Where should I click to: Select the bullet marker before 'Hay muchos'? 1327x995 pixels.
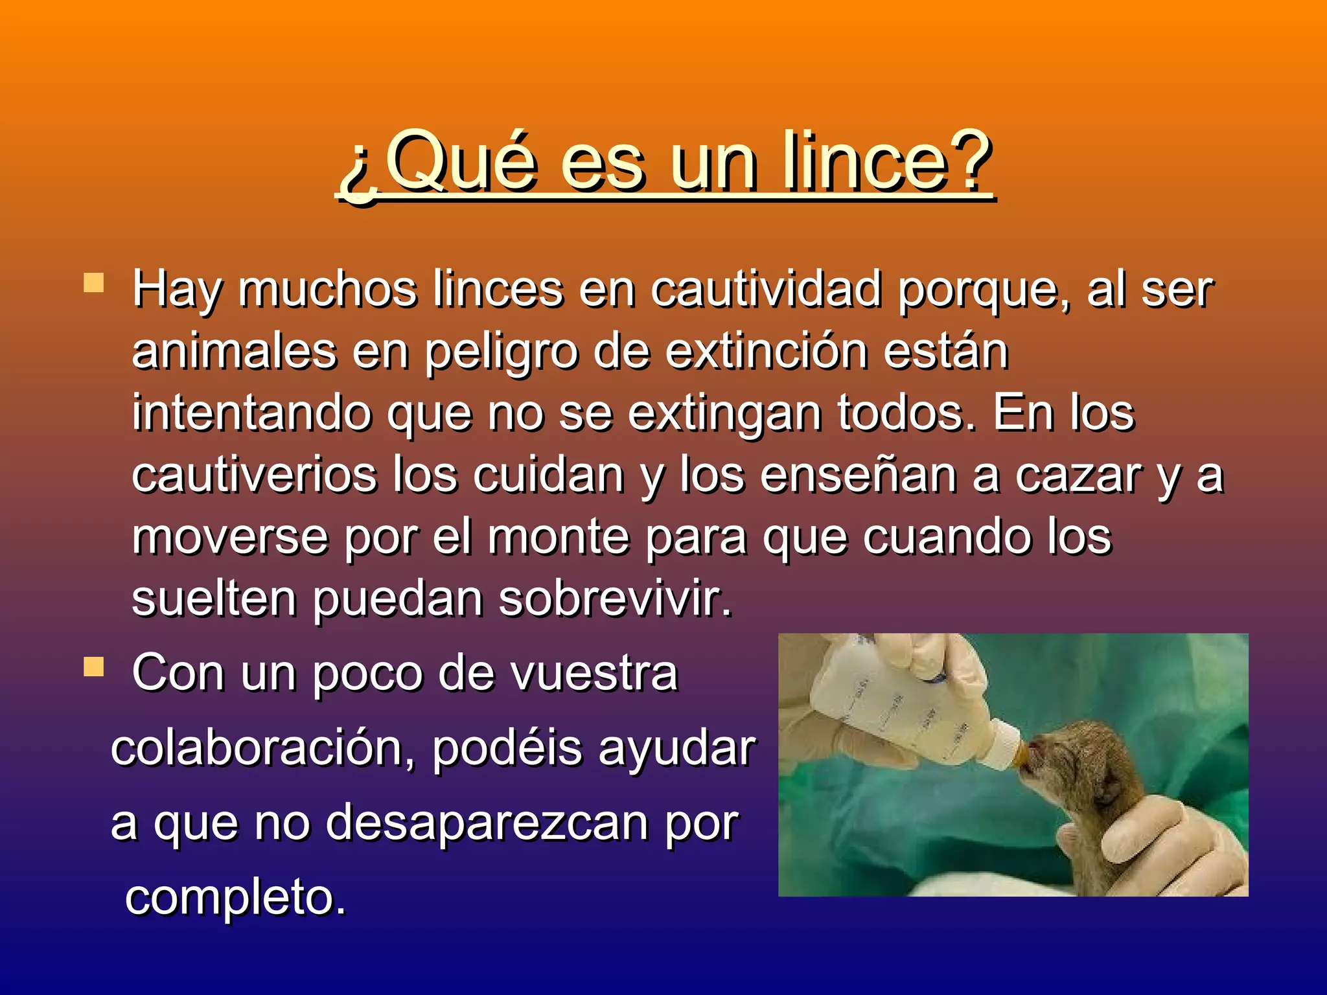click(94, 283)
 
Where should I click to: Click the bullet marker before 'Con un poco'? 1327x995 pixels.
click(94, 667)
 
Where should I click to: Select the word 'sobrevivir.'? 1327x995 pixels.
click(615, 599)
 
